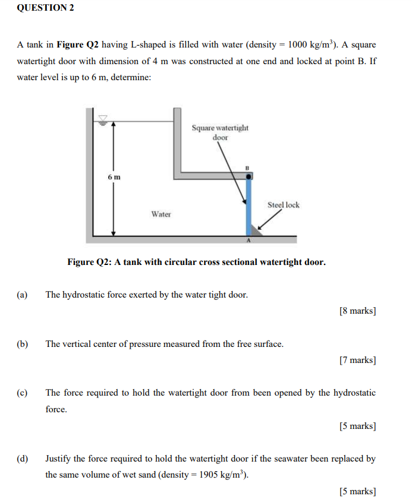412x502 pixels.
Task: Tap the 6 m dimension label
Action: point(114,177)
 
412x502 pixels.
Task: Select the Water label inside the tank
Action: point(161,214)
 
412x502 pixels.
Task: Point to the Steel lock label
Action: point(284,205)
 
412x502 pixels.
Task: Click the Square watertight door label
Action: point(220,132)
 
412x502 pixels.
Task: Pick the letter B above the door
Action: point(249,168)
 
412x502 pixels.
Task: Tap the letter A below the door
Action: point(249,240)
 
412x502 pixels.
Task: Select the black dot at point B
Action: point(250,176)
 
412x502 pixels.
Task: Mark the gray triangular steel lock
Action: point(257,230)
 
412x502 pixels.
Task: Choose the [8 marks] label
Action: point(357,310)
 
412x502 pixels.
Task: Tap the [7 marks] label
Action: point(357,360)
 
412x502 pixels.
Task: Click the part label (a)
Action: point(23,294)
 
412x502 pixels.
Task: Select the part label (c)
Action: point(23,393)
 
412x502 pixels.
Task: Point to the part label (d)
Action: point(23,459)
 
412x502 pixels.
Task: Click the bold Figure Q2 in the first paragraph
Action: point(77,45)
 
